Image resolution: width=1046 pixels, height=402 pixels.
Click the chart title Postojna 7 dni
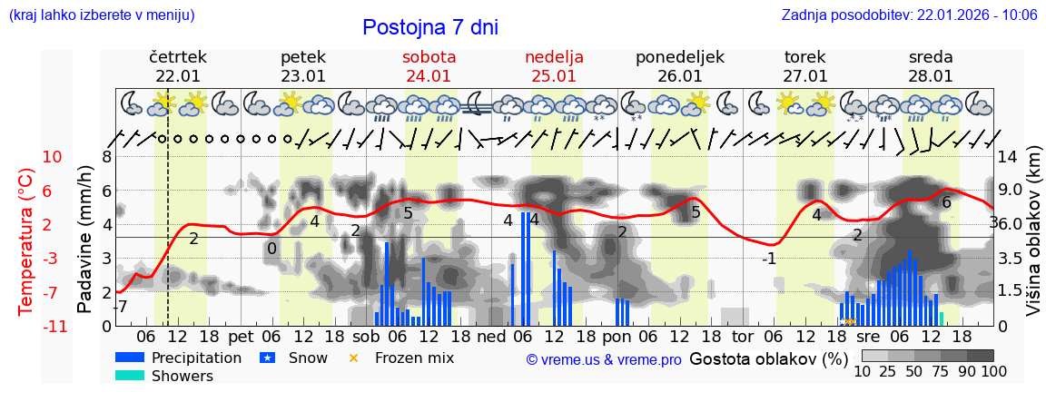(x=430, y=27)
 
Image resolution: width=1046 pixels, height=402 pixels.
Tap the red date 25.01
(x=554, y=76)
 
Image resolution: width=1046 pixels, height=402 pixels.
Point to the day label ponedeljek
(x=680, y=57)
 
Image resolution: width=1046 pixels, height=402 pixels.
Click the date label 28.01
(x=931, y=76)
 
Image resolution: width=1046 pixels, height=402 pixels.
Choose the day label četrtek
(x=178, y=57)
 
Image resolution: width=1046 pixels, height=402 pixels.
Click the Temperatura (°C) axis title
(x=26, y=241)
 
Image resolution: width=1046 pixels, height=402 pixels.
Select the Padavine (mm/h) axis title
(x=84, y=240)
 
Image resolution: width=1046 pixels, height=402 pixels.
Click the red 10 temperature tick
(x=52, y=157)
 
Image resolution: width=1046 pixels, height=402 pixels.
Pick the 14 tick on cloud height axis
(x=1008, y=157)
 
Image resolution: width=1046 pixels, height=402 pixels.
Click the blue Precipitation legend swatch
(x=130, y=358)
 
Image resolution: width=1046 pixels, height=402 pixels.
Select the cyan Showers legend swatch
(x=130, y=376)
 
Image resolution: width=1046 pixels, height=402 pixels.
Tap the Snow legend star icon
(x=267, y=358)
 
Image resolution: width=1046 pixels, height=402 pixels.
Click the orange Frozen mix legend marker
(x=354, y=358)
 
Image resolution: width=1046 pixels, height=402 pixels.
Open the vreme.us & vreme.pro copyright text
(x=604, y=359)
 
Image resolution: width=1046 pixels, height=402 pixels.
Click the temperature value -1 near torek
(x=768, y=259)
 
